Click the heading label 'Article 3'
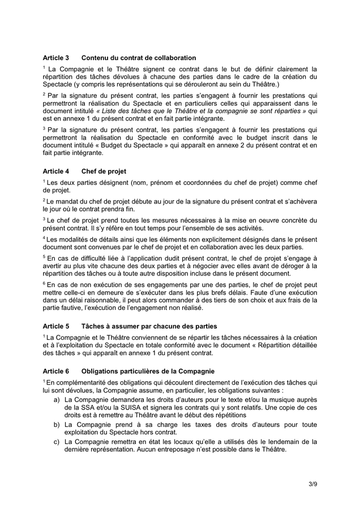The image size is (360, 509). pyautogui.click(x=55, y=58)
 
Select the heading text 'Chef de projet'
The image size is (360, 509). pyautogui.click(x=104, y=171)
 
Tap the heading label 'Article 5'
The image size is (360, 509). pyautogui.click(x=55, y=326)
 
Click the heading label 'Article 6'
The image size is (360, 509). pyautogui.click(x=55, y=371)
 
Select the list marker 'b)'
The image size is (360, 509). pyautogui.click(x=57, y=424)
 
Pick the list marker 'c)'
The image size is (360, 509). pyautogui.click(x=57, y=442)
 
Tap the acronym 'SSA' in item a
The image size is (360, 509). pyautogui.click(x=83, y=407)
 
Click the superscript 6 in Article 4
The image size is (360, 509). pyautogui.click(x=44, y=282)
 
